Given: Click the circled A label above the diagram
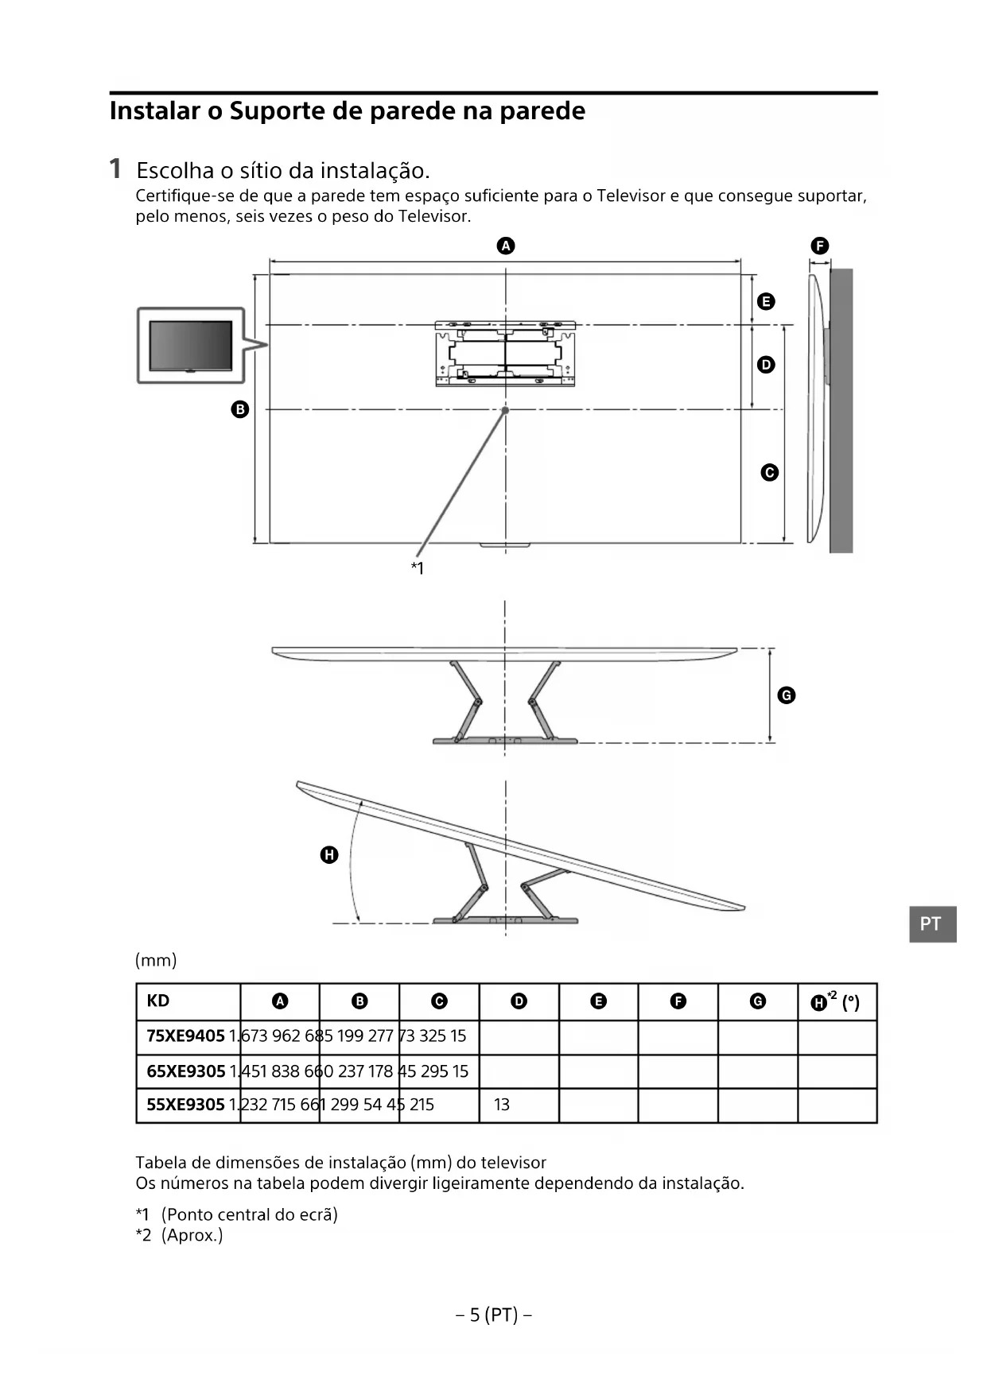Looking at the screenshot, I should coord(506,246).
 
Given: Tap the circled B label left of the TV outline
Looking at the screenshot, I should coord(239,409).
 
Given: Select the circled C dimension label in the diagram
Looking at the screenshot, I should coord(769,473).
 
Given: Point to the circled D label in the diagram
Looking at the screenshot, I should coord(766,365).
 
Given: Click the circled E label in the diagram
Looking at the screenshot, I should coord(766,301).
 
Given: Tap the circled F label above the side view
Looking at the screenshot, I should coord(819,246).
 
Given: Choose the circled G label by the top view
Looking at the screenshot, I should coord(786,695).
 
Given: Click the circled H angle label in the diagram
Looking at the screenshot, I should coord(328,855).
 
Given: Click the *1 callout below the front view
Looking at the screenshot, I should coord(418,568).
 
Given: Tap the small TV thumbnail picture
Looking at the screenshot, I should coord(191,346).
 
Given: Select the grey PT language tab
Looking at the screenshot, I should coord(932,924).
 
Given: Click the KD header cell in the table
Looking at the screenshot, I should coord(158,1001).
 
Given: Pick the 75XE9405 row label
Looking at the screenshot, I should coord(185,1036).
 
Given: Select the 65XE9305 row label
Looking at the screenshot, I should coord(186,1071).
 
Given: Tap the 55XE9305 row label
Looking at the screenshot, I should coord(185,1105).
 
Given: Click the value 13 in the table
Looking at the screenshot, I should coord(502,1105).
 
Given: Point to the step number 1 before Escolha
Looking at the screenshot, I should coord(115,169).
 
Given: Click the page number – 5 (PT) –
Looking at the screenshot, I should coord(494,1315).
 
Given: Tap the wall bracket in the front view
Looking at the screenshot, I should coord(505,353).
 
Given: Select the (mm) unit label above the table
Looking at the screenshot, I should coord(156,960).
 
